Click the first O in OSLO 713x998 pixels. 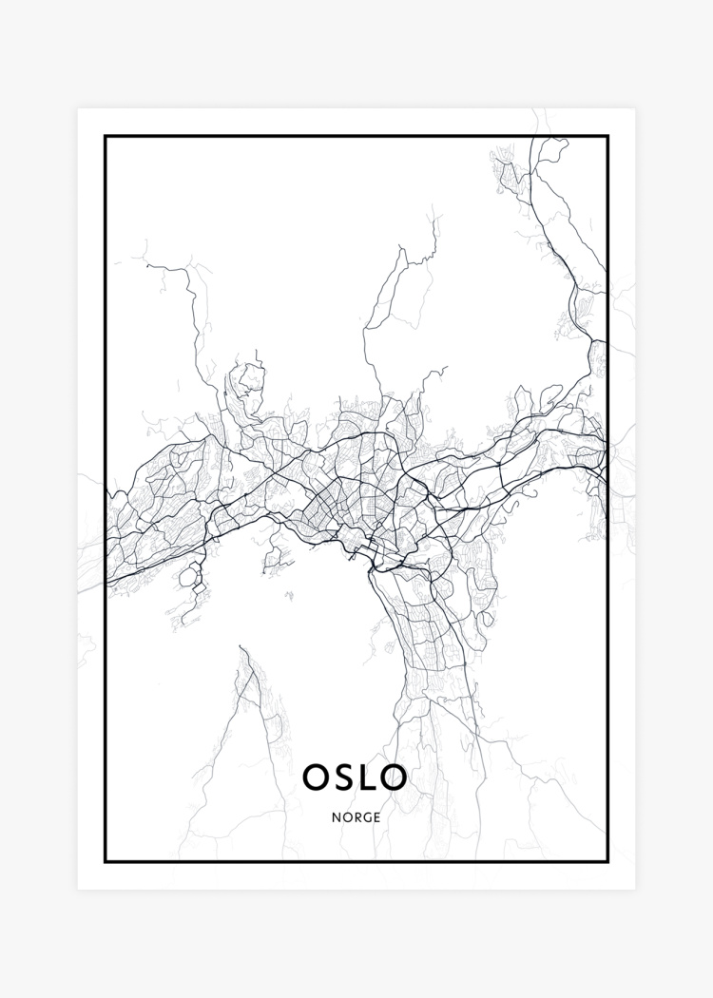(317, 777)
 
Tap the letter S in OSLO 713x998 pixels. (344, 777)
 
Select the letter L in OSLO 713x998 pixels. (367, 777)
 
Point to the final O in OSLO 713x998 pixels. (394, 777)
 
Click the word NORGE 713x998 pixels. (356, 816)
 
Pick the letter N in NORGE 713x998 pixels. (337, 816)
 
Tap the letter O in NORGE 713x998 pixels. (346, 816)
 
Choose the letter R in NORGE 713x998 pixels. (356, 816)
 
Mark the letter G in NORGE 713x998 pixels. (366, 816)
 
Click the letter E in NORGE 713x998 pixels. (376, 816)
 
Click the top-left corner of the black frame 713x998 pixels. (106, 137)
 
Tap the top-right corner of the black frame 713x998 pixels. (607, 137)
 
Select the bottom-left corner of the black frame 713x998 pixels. (106, 861)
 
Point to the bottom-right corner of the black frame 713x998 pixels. (607, 861)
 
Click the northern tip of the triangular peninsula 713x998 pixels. (242, 648)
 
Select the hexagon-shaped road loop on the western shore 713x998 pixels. (192, 574)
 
